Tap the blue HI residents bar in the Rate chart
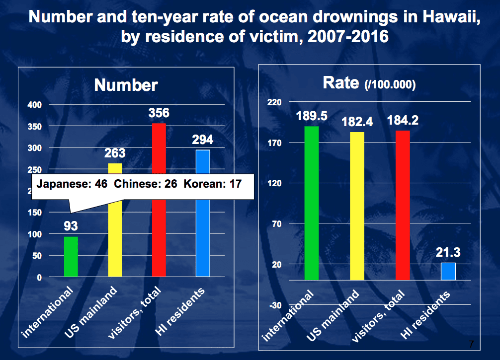[448, 271]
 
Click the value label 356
[159, 113]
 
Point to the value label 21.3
[448, 253]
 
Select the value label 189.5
[312, 116]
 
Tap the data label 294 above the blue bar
[202, 140]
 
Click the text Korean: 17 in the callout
[212, 184]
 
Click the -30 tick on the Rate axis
[275, 305]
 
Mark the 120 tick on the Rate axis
[275, 183]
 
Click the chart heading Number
[126, 85]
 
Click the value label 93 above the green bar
[71, 226]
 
